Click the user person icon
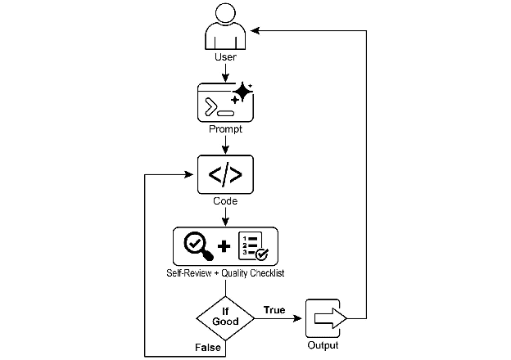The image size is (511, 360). click(225, 29)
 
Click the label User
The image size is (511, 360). click(225, 58)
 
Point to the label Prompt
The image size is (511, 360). click(225, 129)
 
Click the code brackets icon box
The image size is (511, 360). click(225, 173)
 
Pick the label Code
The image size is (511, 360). click(225, 200)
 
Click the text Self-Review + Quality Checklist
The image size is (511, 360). click(225, 271)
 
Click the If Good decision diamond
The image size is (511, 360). click(225, 317)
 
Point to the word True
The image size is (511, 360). click(274, 309)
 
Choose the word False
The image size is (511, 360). click(208, 348)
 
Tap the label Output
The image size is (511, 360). click(323, 346)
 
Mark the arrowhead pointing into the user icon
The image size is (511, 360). click(255, 29)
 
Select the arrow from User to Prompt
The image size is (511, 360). click(225, 72)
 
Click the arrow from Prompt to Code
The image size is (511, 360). click(225, 143)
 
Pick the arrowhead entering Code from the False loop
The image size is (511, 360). click(192, 173)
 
